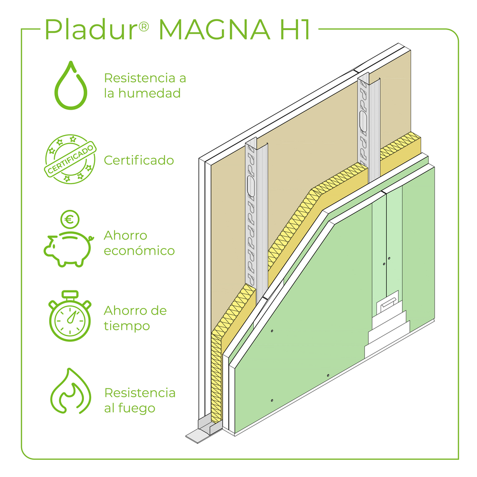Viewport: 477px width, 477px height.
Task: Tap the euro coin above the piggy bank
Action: click(70, 220)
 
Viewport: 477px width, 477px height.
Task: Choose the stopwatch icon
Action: click(70, 316)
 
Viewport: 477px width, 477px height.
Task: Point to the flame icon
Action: click(71, 392)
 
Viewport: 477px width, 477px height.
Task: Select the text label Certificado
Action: click(139, 160)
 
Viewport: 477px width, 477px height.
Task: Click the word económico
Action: click(139, 251)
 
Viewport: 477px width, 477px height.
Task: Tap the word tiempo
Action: click(127, 326)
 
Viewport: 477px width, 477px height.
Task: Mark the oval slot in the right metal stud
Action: click(364, 122)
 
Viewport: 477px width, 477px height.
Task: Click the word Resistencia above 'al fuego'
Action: click(140, 393)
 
